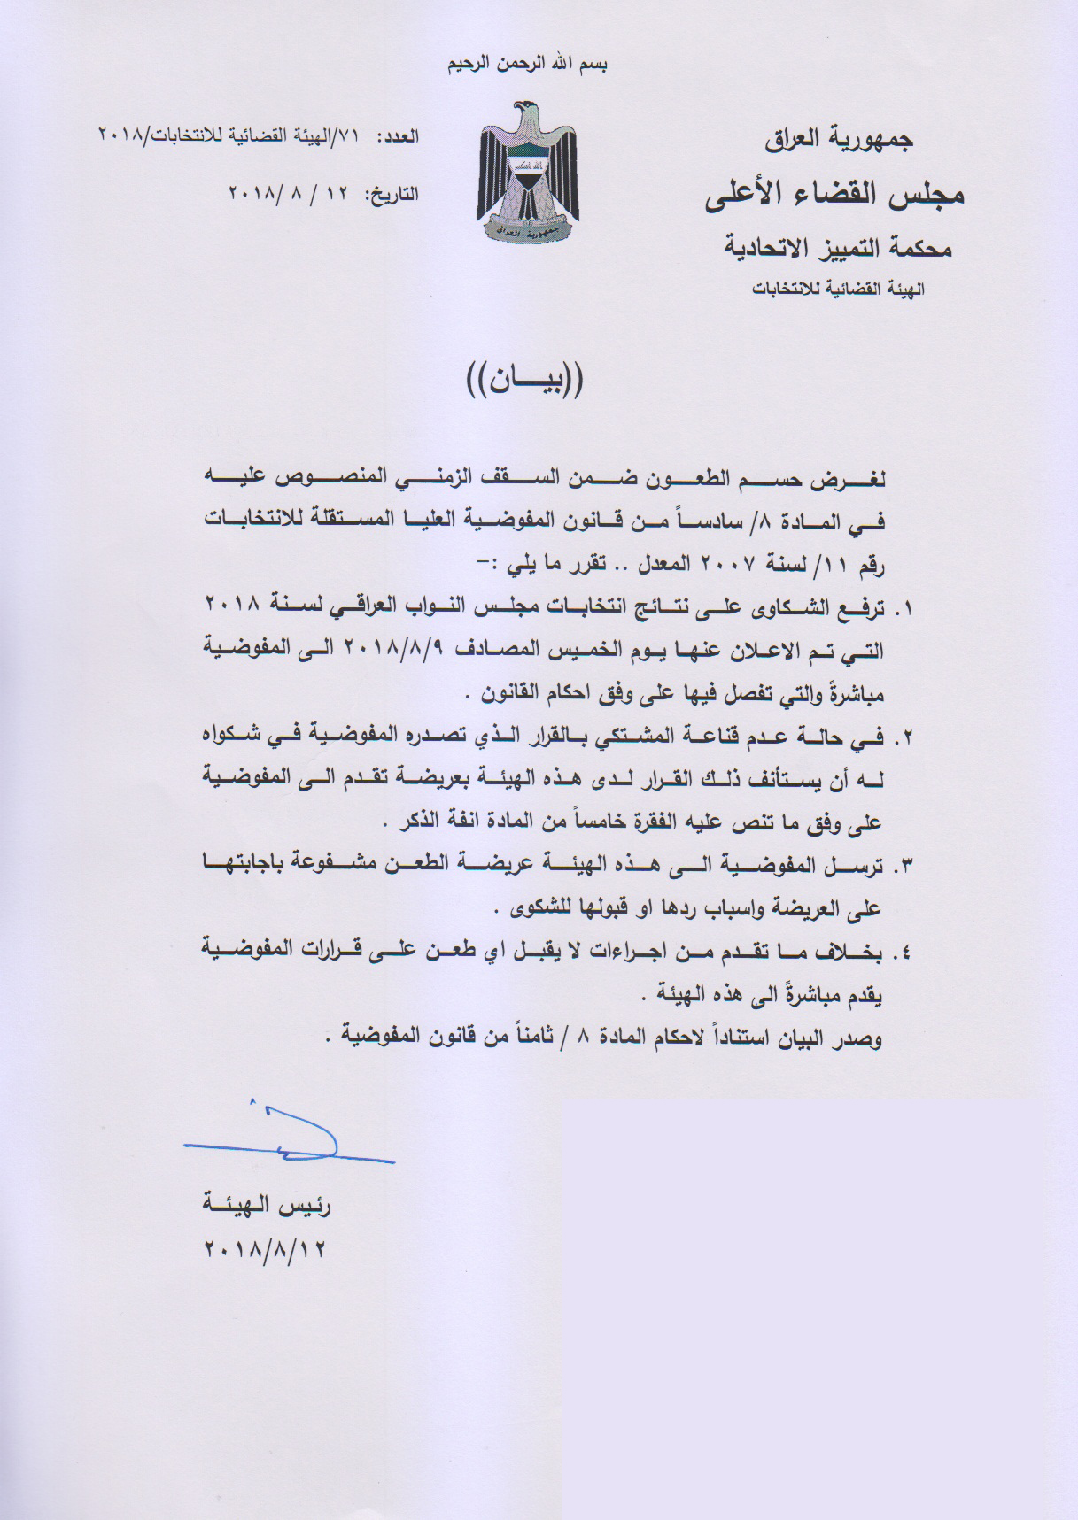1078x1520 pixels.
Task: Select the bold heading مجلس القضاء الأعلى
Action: tap(834, 195)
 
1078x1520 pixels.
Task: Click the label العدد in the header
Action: tap(398, 137)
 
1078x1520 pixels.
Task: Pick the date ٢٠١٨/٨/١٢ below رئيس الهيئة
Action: tap(266, 1250)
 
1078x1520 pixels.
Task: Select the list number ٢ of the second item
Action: tap(904, 737)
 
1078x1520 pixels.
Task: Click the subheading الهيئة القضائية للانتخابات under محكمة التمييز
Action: tap(837, 289)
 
